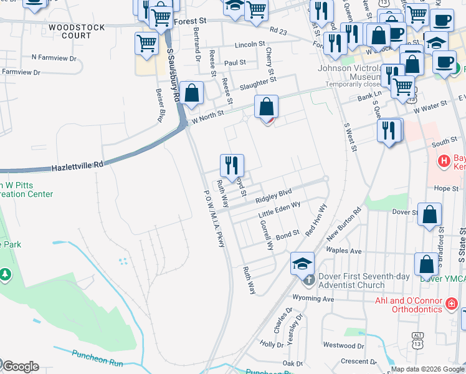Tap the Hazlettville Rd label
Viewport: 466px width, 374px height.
(x=77, y=165)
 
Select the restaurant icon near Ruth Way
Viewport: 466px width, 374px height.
(x=232, y=166)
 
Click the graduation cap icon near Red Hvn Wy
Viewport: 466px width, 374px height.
(x=302, y=263)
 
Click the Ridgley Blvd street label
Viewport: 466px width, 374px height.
(x=273, y=196)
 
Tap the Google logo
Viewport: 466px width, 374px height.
(x=20, y=367)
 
